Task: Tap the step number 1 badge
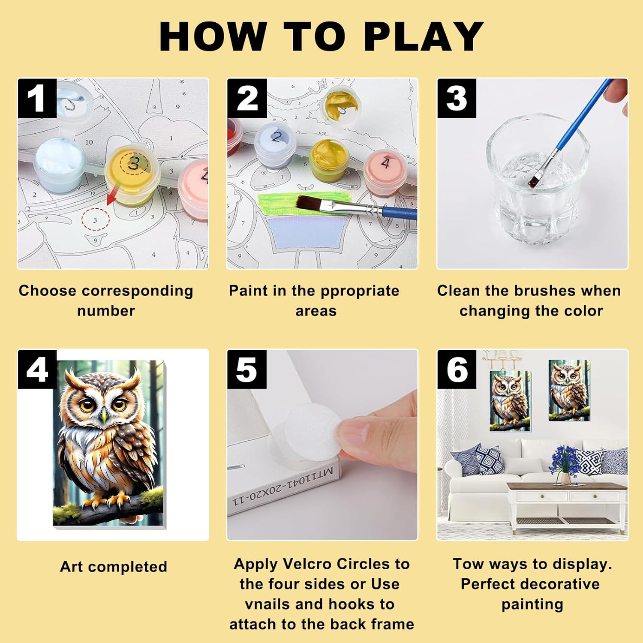(37, 98)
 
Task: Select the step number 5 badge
(247, 369)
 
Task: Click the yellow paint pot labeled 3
(133, 176)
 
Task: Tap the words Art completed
(114, 567)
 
